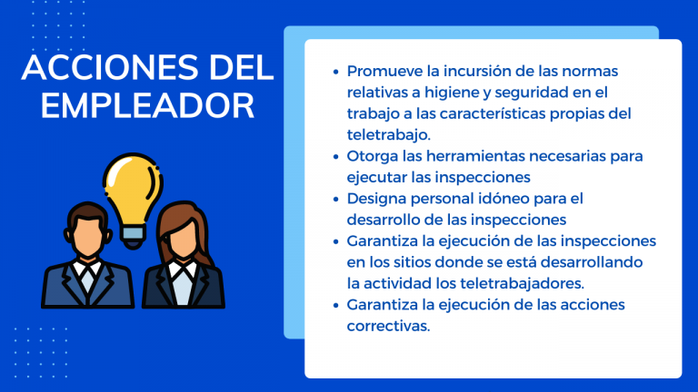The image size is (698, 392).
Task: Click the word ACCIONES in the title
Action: (x=110, y=67)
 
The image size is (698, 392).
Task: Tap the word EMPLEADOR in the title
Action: (x=147, y=106)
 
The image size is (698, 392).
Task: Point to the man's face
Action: (x=87, y=236)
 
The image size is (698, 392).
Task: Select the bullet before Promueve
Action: (x=335, y=72)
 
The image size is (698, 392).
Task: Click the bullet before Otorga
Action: (x=335, y=156)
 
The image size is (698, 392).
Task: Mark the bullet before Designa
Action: (x=335, y=199)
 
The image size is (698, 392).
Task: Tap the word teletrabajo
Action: (x=388, y=134)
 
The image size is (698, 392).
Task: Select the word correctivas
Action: (x=388, y=326)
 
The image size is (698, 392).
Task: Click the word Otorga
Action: (x=372, y=156)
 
